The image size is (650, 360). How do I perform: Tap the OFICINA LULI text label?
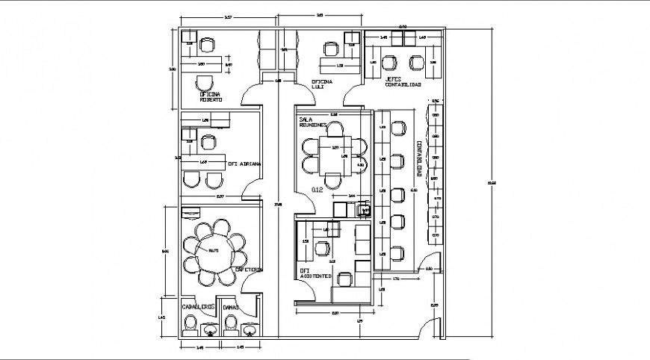coord(323,84)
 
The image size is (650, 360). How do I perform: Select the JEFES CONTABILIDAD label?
coord(403,81)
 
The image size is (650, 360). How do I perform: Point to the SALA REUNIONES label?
coord(313,122)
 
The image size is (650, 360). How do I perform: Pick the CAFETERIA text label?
coord(248,269)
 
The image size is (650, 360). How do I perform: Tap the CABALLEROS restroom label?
coord(198,306)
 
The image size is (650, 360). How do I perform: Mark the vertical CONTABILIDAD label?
coord(420,158)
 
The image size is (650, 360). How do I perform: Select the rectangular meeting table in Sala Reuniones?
coord(334,156)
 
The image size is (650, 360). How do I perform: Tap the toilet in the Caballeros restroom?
coord(191,323)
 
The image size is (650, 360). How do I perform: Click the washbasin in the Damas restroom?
coord(247,326)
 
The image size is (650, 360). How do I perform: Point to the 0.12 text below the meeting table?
coord(317,190)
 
